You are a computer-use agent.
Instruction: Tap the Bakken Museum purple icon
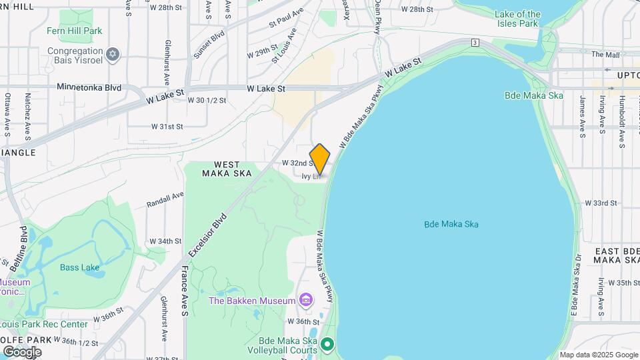306,301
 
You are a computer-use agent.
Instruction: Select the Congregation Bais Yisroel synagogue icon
113,54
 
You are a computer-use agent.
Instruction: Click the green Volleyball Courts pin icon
327,344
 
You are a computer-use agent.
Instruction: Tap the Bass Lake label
79,267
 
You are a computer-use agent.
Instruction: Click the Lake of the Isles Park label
518,19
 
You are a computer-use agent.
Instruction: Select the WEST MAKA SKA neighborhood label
227,168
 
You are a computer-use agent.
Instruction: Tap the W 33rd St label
601,203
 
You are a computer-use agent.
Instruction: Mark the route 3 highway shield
475,42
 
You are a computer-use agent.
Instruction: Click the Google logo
22,351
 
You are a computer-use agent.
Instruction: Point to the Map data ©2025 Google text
598,355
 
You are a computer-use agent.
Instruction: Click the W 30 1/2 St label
207,101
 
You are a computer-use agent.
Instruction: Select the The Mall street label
605,55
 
